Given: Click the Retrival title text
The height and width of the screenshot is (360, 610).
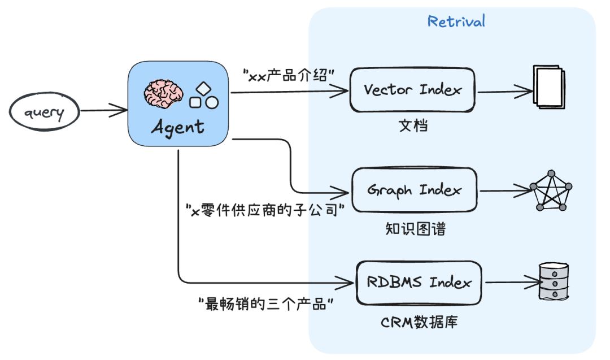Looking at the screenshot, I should (456, 21).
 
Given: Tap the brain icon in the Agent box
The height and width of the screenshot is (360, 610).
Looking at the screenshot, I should (163, 93).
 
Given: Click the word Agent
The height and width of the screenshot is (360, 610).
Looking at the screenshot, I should (177, 126).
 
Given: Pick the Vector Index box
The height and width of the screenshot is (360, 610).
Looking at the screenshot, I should (413, 89).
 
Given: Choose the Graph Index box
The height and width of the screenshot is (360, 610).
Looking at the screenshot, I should (414, 190).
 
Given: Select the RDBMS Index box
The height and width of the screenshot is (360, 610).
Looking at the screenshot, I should (419, 282).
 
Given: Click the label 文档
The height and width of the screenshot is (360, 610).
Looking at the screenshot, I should (413, 125).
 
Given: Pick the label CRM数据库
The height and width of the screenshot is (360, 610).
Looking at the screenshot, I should (419, 323).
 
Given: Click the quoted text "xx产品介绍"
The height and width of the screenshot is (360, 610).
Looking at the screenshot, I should (289, 75).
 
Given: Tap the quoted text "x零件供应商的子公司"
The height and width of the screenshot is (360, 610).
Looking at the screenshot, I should (265, 211).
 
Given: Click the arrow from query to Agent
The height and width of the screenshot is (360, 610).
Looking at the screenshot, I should (103, 110).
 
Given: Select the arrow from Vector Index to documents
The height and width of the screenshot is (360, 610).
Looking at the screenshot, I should (504, 90).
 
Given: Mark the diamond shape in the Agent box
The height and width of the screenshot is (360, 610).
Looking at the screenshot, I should (203, 89).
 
